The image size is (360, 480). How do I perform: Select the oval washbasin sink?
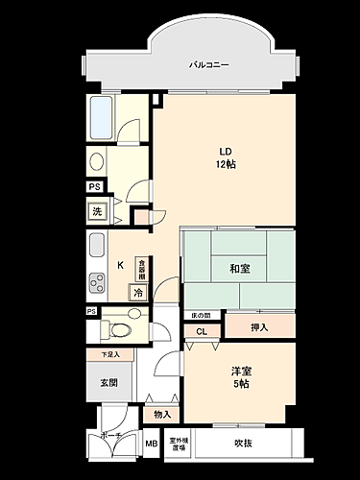click(x=97, y=161)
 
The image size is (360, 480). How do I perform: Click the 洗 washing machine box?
click(x=97, y=211)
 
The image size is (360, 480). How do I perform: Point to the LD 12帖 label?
click(x=227, y=156)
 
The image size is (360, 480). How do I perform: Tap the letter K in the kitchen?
click(x=120, y=265)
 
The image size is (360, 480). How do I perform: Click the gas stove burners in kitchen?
click(x=97, y=282)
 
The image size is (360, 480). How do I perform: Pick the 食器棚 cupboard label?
click(x=140, y=268)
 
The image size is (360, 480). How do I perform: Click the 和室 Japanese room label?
click(x=240, y=269)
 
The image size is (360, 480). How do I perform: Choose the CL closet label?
click(x=202, y=332)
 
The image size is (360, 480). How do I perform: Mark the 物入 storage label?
click(x=161, y=414)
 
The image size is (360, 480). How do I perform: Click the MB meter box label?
click(x=151, y=444)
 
